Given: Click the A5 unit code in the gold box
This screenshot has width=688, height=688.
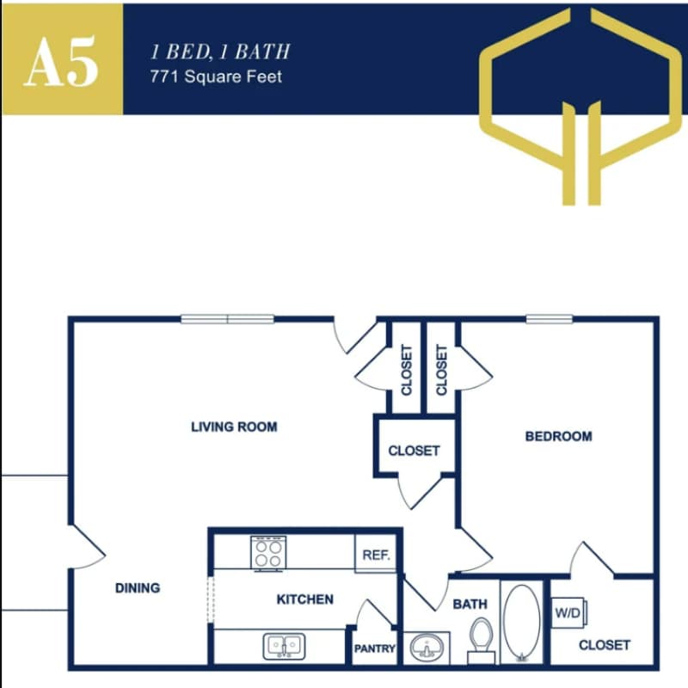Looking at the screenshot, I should tap(61, 61).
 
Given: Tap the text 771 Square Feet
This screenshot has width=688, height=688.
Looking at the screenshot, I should tap(216, 77).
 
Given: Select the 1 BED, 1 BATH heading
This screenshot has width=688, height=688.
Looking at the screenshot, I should tap(219, 51).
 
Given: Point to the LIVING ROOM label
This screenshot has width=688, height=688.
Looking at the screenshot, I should tap(234, 427).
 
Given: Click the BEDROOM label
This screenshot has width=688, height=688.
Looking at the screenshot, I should tap(558, 436).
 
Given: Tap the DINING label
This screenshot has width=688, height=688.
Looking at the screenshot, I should tap(138, 588).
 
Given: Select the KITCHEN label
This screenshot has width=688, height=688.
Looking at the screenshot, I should tap(304, 599).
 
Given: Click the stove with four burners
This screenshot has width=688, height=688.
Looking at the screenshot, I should tap(267, 552).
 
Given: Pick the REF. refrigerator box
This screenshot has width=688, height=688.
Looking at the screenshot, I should tap(376, 555).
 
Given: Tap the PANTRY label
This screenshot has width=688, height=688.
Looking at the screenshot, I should tap(375, 649).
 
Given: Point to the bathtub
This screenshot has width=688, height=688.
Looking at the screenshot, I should tap(521, 623).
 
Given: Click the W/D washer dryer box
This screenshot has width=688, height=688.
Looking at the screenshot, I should tap(568, 614).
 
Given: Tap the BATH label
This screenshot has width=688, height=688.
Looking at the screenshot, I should tap(470, 605).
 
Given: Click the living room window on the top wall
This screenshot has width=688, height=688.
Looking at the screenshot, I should tap(227, 319).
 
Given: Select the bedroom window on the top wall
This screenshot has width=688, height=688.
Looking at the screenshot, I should tap(550, 319).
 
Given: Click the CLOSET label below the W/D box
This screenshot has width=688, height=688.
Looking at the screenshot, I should tap(604, 644).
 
